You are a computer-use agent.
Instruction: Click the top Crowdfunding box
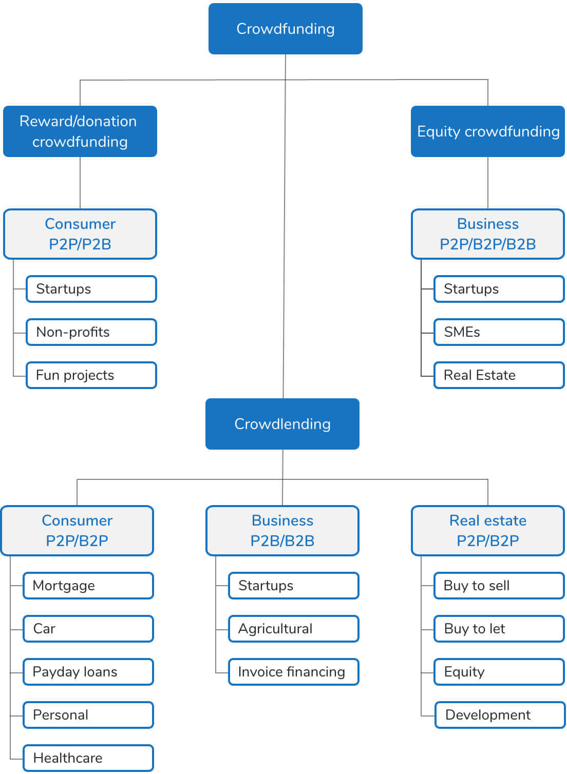coord(285,29)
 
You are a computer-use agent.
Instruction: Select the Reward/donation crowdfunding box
coord(80,131)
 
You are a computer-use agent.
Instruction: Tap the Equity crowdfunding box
coord(487,131)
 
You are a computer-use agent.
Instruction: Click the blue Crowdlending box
coord(282,424)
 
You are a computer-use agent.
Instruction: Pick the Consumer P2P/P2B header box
coord(80,234)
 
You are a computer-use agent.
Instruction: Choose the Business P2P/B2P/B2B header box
coord(487,234)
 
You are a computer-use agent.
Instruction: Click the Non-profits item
coord(91,332)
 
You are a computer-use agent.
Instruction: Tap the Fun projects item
coord(91,375)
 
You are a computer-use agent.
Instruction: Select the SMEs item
coord(499,332)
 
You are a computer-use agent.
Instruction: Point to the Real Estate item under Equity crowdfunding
coord(499,375)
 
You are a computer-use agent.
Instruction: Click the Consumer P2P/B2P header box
coord(77,531)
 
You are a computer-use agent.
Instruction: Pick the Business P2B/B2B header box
coord(282,531)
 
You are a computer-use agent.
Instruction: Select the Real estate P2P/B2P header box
coord(487,531)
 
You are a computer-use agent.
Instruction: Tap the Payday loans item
coord(88,672)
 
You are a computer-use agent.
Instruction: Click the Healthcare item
coord(88,758)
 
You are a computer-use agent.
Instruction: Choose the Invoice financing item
coord(293,672)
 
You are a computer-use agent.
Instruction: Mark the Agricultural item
coord(293,629)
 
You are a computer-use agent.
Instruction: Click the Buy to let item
coord(499,629)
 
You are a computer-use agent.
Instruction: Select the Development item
coord(500,715)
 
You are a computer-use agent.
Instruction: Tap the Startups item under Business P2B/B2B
coord(293,586)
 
